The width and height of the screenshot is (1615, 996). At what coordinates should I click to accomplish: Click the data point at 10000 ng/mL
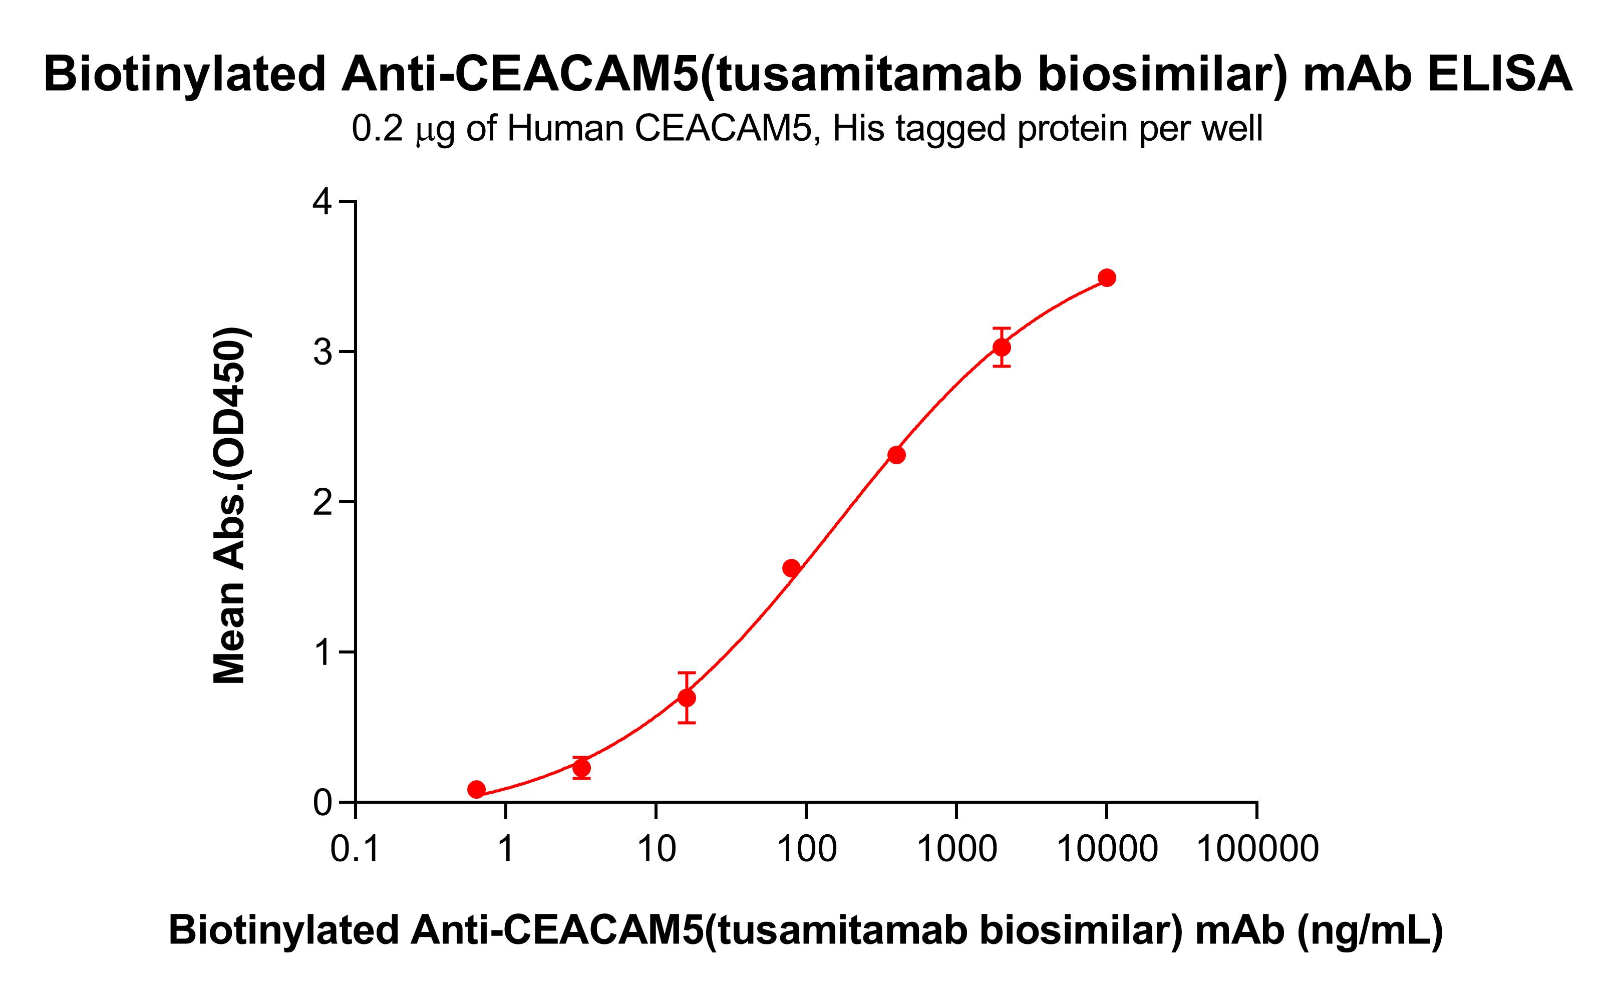(1107, 278)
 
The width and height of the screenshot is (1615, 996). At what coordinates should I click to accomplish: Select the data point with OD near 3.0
(1002, 347)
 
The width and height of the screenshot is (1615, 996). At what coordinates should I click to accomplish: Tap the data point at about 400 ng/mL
(896, 455)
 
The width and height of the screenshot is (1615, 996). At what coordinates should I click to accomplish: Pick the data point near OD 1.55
(792, 568)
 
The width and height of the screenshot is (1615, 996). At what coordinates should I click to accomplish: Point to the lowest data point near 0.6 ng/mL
(477, 790)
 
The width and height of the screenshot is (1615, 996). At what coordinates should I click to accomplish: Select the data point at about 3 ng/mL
(581, 768)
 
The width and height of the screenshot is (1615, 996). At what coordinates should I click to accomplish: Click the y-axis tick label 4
(322, 202)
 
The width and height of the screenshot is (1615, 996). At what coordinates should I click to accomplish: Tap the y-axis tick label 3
(322, 353)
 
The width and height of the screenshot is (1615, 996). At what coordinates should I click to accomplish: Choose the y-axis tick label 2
(322, 503)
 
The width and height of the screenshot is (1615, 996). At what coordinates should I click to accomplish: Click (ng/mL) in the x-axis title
(1370, 931)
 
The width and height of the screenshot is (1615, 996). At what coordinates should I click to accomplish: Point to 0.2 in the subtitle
(377, 129)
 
